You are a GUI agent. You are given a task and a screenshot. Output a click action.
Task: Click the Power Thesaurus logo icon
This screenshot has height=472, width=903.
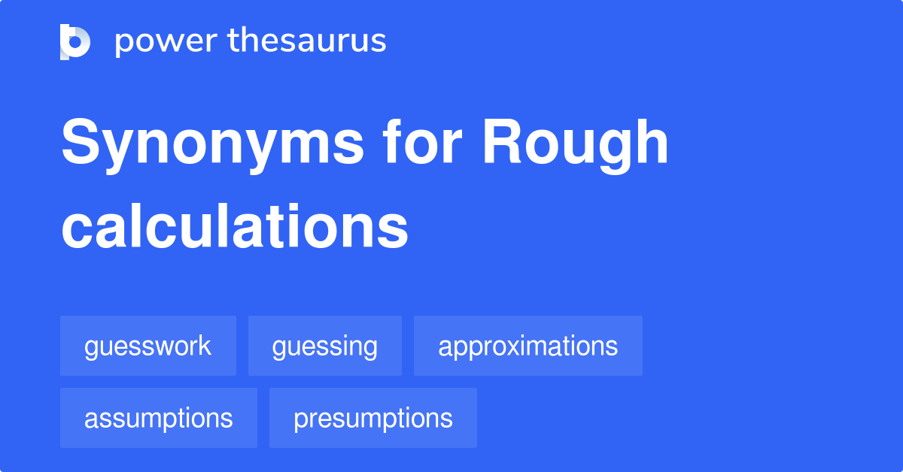point(75,41)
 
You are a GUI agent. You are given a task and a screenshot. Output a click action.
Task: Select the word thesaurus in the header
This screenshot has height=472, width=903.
point(307,41)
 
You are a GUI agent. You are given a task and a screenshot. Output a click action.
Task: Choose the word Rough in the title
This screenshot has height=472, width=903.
point(576,144)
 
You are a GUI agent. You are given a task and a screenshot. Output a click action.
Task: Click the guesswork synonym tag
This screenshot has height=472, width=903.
point(148,346)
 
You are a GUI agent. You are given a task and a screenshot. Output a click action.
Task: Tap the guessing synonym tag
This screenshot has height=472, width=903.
point(325,346)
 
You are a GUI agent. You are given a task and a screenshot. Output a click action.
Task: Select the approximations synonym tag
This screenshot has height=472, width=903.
point(528,346)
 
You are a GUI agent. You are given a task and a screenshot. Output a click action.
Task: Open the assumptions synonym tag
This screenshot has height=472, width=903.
point(159,418)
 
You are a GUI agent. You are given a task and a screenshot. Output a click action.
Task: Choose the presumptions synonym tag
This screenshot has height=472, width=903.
point(373,418)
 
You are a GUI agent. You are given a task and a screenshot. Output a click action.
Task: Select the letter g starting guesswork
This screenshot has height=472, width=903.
point(92,349)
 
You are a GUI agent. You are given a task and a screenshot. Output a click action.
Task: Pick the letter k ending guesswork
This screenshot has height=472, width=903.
point(205,346)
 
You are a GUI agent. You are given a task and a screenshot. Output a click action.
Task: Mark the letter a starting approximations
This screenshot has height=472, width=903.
point(445,347)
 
